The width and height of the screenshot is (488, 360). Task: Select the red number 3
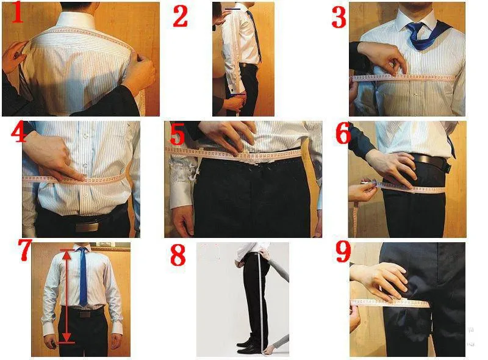[x=339, y=18]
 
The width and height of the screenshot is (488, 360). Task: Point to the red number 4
[x=13, y=132]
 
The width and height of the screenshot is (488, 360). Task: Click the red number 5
[x=177, y=134]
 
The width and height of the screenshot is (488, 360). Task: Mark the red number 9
[x=343, y=253]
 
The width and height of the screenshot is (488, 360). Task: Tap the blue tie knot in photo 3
[x=417, y=28]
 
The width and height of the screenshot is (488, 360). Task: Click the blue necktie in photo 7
[x=83, y=278]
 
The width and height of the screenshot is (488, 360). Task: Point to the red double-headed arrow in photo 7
[x=66, y=296]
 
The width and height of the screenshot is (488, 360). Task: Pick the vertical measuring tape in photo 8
[x=262, y=299]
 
